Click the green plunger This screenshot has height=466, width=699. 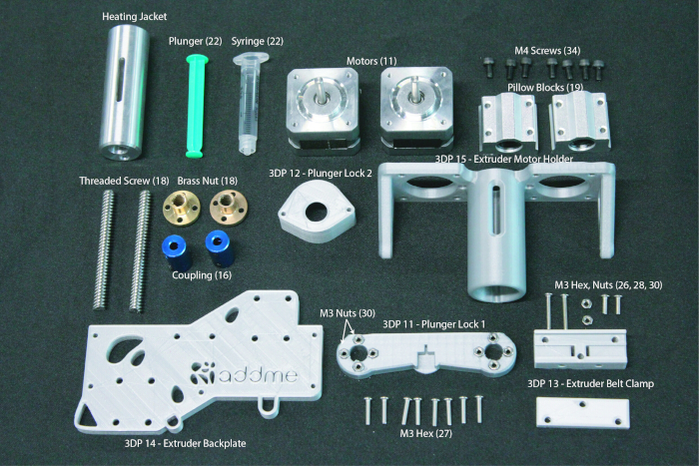196,106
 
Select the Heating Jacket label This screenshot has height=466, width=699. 134,17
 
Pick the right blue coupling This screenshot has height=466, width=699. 221,248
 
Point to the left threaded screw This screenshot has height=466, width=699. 104,249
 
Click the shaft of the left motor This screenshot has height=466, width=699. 320,91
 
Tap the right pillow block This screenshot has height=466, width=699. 579,122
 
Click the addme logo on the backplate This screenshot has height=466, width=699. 245,373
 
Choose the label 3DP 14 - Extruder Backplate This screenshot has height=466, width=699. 185,443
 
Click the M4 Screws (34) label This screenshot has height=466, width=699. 547,50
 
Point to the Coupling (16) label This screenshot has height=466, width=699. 202,275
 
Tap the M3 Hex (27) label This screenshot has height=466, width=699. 425,433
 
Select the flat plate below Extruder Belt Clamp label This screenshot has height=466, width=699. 582,413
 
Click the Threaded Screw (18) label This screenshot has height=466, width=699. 124,181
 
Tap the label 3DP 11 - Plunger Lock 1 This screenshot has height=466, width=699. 433,324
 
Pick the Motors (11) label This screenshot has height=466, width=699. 371,61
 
